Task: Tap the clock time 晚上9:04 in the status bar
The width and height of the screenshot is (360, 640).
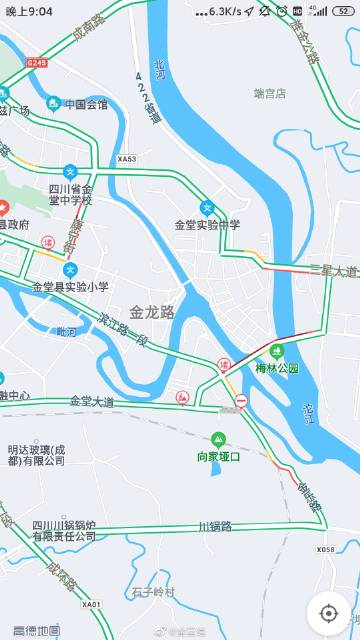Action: pyautogui.click(x=29, y=11)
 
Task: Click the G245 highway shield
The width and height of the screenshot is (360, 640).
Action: pyautogui.click(x=37, y=62)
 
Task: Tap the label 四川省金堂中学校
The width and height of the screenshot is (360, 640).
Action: pyautogui.click(x=70, y=194)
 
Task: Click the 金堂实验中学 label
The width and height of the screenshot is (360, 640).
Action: pyautogui.click(x=208, y=225)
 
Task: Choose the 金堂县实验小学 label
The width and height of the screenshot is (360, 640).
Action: pyautogui.click(x=70, y=287)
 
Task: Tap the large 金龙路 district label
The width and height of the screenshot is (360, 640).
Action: pyautogui.click(x=152, y=312)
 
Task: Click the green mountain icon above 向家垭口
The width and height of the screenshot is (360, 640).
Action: pyautogui.click(x=218, y=438)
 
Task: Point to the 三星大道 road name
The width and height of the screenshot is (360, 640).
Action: pyautogui.click(x=333, y=271)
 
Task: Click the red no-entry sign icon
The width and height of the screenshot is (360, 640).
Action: pyautogui.click(x=240, y=402)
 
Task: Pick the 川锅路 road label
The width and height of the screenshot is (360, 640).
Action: pyautogui.click(x=214, y=525)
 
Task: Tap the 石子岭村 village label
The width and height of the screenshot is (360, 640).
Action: pyautogui.click(x=152, y=592)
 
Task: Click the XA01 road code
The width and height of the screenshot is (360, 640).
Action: pyautogui.click(x=92, y=604)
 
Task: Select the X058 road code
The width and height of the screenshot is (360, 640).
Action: pyautogui.click(x=326, y=549)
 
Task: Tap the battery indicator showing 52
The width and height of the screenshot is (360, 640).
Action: pyautogui.click(x=344, y=11)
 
